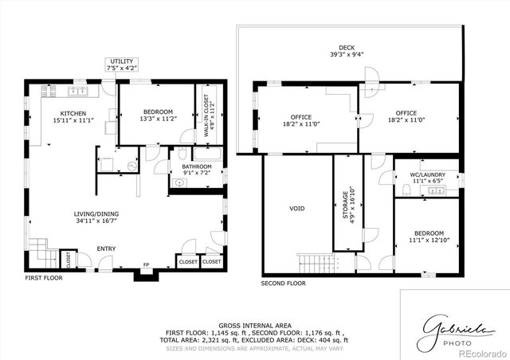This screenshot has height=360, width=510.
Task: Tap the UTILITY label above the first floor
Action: (x=123, y=61)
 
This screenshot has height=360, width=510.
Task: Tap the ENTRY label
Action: (x=106, y=249)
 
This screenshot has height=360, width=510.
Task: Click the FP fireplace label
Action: (x=145, y=264)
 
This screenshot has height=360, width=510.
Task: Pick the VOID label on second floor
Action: (x=296, y=209)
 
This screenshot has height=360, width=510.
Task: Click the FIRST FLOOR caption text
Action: (x=43, y=278)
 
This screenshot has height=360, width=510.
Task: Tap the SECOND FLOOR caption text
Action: (x=284, y=283)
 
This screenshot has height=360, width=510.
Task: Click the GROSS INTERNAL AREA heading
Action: (x=254, y=326)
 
